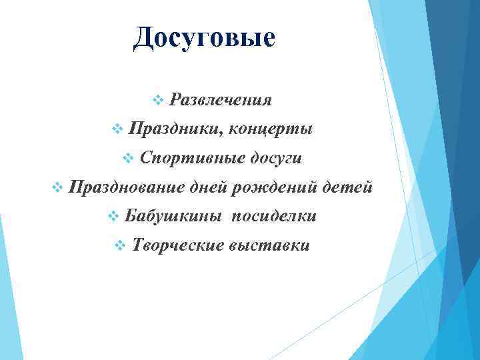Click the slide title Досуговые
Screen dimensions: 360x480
(203, 37)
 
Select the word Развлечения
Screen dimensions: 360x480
(221, 100)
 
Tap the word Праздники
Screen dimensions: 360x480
(174, 129)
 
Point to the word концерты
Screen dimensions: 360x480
(270, 129)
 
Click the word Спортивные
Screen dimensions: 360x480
(192, 158)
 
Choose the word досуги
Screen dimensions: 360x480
(275, 158)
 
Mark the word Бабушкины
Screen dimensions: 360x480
(174, 216)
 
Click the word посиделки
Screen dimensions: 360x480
(273, 216)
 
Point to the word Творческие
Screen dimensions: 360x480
(178, 245)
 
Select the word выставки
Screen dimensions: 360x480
(269, 245)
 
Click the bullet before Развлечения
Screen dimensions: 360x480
(158, 100)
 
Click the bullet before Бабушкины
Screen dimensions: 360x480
(113, 217)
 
